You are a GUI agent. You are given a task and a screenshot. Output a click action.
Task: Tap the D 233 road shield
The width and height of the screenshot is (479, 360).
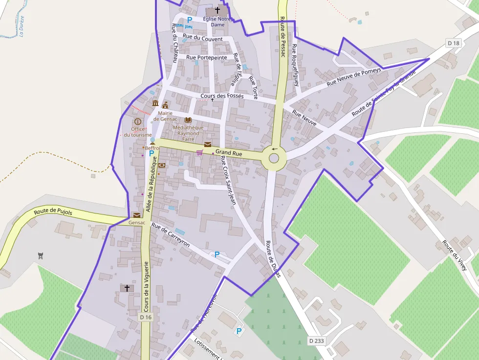[x=316, y=340]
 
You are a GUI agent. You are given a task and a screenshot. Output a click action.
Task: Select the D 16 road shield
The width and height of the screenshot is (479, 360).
[x=146, y=317]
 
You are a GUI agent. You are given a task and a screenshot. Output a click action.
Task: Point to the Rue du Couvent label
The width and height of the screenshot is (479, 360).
[x=202, y=39]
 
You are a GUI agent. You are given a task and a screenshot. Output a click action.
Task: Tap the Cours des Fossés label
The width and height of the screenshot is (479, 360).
[x=222, y=96]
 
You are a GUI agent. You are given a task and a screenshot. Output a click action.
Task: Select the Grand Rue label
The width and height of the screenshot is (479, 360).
[x=229, y=153]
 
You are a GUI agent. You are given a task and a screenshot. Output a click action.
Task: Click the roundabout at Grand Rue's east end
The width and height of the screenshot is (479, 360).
[x=274, y=158]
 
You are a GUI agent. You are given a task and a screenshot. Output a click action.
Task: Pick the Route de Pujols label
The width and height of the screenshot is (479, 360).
[x=53, y=212]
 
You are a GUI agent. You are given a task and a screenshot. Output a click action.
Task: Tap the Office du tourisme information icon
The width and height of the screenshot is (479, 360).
[x=138, y=121]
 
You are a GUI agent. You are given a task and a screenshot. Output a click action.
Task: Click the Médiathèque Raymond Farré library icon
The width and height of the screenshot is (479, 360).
[x=188, y=120]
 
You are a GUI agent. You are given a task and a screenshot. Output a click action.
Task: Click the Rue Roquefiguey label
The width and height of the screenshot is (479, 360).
[x=295, y=65]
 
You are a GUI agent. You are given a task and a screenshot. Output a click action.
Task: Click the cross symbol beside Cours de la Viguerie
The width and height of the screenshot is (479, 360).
[x=127, y=288]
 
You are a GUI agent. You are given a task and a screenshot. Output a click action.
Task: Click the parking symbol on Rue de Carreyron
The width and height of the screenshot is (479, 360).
[x=217, y=254]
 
